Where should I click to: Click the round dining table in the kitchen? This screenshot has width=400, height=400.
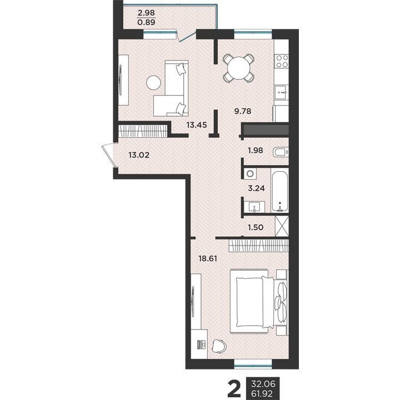click(x=238, y=68)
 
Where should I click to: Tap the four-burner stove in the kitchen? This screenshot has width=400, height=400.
click(x=281, y=61)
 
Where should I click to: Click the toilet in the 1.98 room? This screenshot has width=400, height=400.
click(x=281, y=153)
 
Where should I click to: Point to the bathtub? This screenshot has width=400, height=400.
click(x=280, y=190)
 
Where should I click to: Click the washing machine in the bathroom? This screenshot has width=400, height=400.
click(x=250, y=174)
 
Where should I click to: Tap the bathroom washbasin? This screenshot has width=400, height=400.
click(x=254, y=207)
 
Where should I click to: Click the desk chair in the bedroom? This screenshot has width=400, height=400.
click(x=219, y=346)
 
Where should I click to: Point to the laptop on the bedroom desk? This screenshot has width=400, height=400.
click(x=202, y=344)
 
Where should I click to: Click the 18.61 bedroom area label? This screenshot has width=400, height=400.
click(x=208, y=259)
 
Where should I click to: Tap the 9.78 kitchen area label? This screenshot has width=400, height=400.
click(x=243, y=111)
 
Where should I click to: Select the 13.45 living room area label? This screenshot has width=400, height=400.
click(x=197, y=125)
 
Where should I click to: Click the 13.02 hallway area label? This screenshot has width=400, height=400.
click(x=139, y=155)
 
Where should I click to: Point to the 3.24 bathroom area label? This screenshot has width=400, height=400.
click(x=256, y=188)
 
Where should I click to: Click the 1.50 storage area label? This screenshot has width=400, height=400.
click(x=256, y=227)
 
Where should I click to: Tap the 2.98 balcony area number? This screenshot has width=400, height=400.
click(x=146, y=13)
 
